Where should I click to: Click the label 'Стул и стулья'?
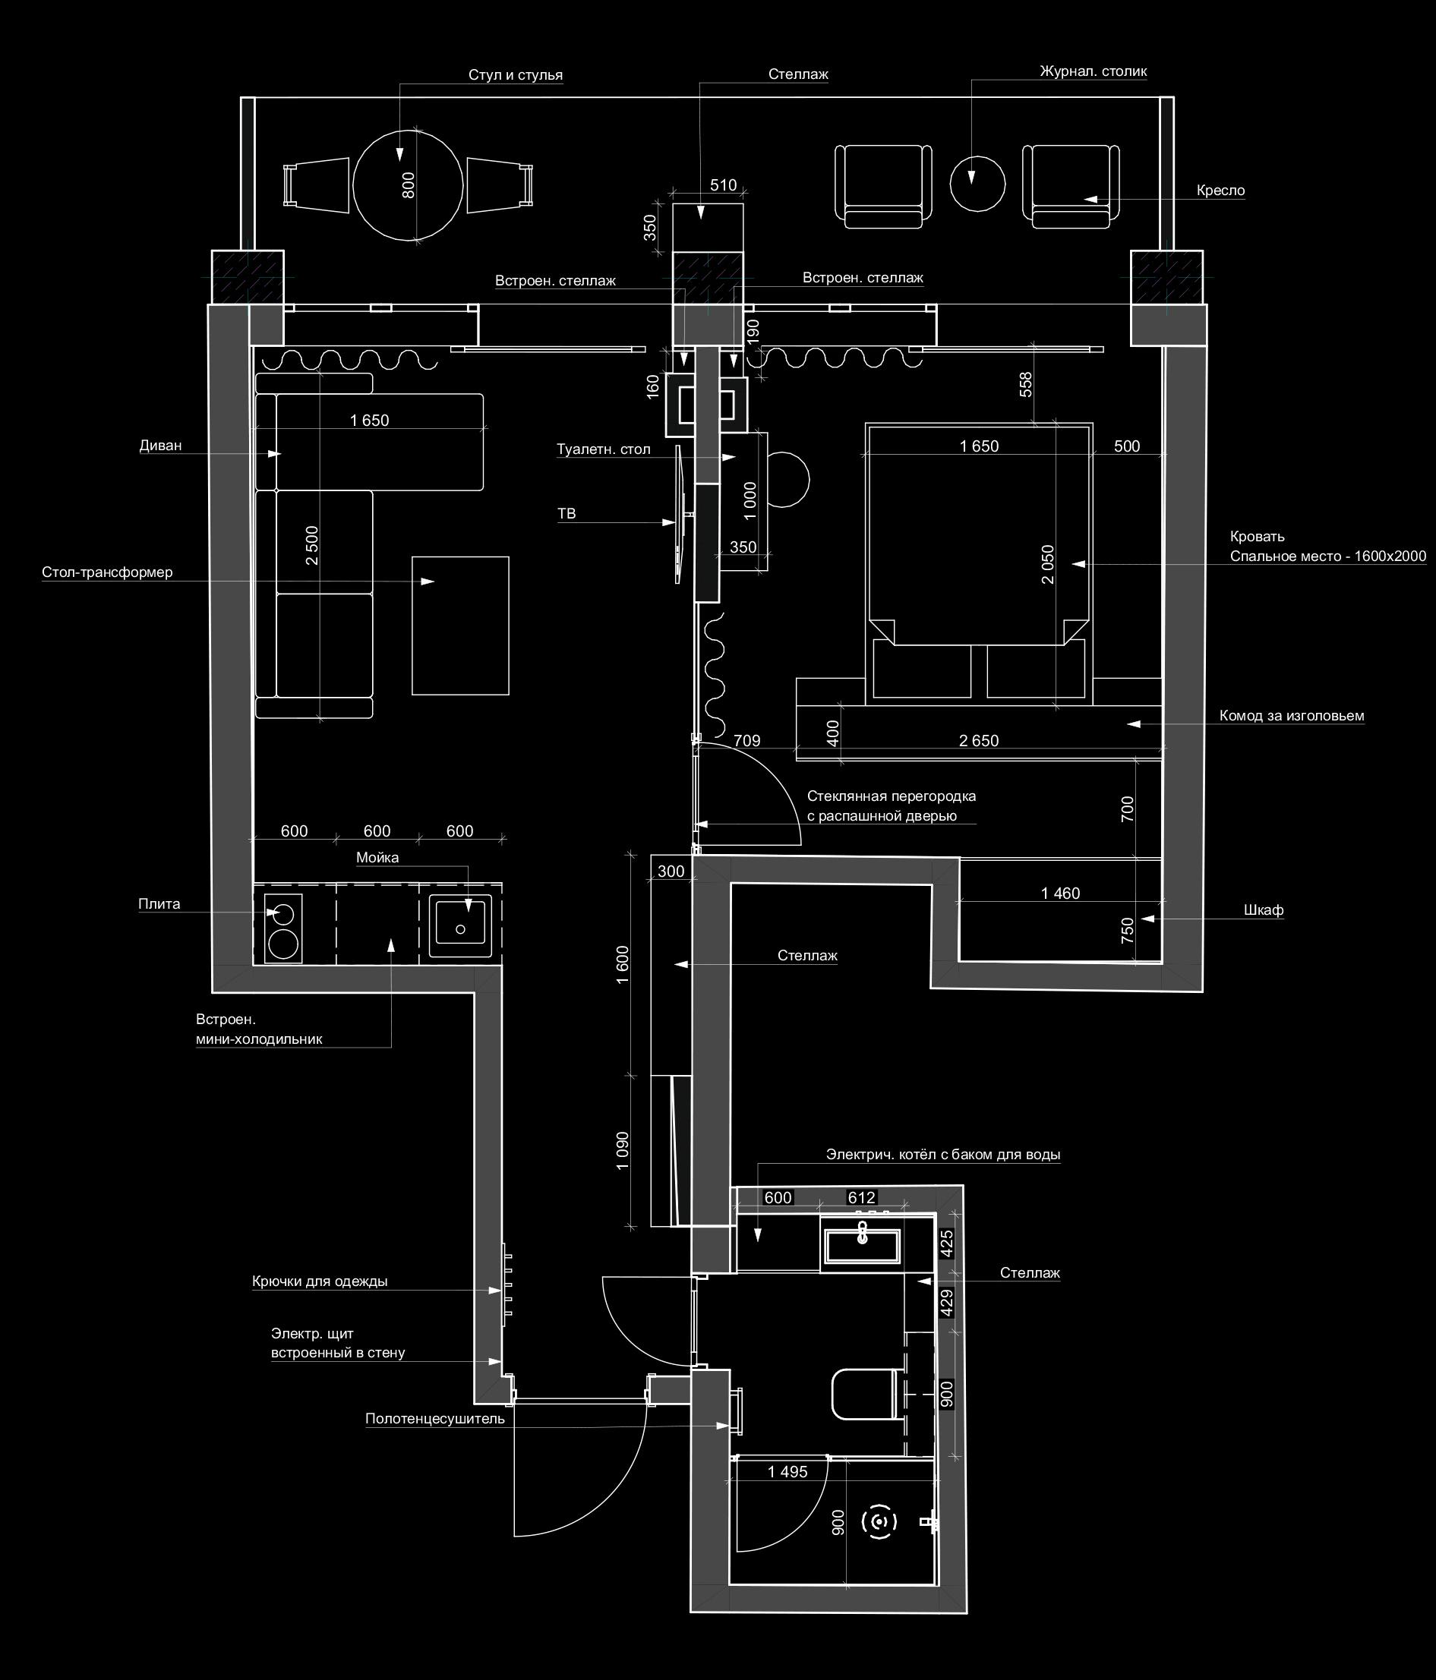point(515,75)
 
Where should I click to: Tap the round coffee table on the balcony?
point(977,183)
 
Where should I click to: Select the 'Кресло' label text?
point(1220,191)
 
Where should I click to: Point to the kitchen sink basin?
point(460,922)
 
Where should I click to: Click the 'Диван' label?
point(160,445)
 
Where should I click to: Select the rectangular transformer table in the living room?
point(460,625)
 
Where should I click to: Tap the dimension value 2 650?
point(979,740)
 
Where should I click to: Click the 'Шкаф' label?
point(1264,909)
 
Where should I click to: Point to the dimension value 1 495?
point(787,1472)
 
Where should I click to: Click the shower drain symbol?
point(878,1522)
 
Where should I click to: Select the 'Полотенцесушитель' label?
point(434,1419)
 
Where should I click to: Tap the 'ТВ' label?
point(566,513)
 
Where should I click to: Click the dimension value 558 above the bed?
point(1026,384)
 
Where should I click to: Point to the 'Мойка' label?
point(377,858)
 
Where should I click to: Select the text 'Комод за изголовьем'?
point(1292,716)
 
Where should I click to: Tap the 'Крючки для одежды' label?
point(320,1282)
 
